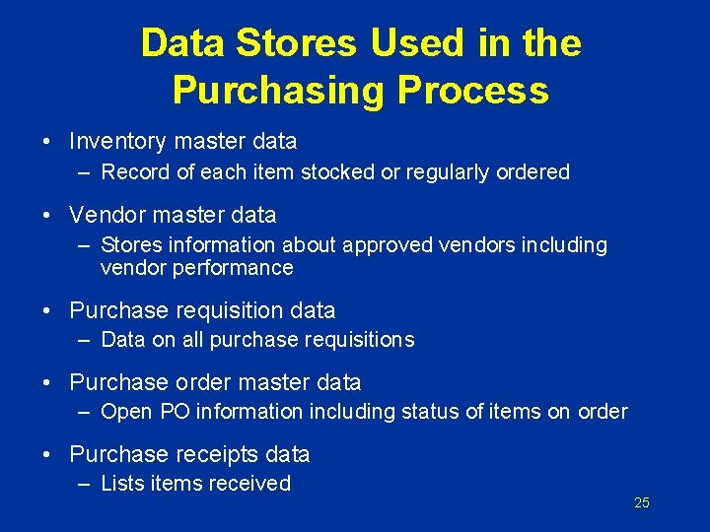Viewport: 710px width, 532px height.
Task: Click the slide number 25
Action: click(x=641, y=503)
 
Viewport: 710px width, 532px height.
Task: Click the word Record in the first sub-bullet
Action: click(x=135, y=172)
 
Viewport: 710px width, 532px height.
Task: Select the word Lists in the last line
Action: click(x=121, y=484)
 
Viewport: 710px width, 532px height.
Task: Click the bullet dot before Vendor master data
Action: click(x=47, y=215)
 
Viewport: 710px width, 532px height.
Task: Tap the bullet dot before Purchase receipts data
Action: click(x=47, y=454)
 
